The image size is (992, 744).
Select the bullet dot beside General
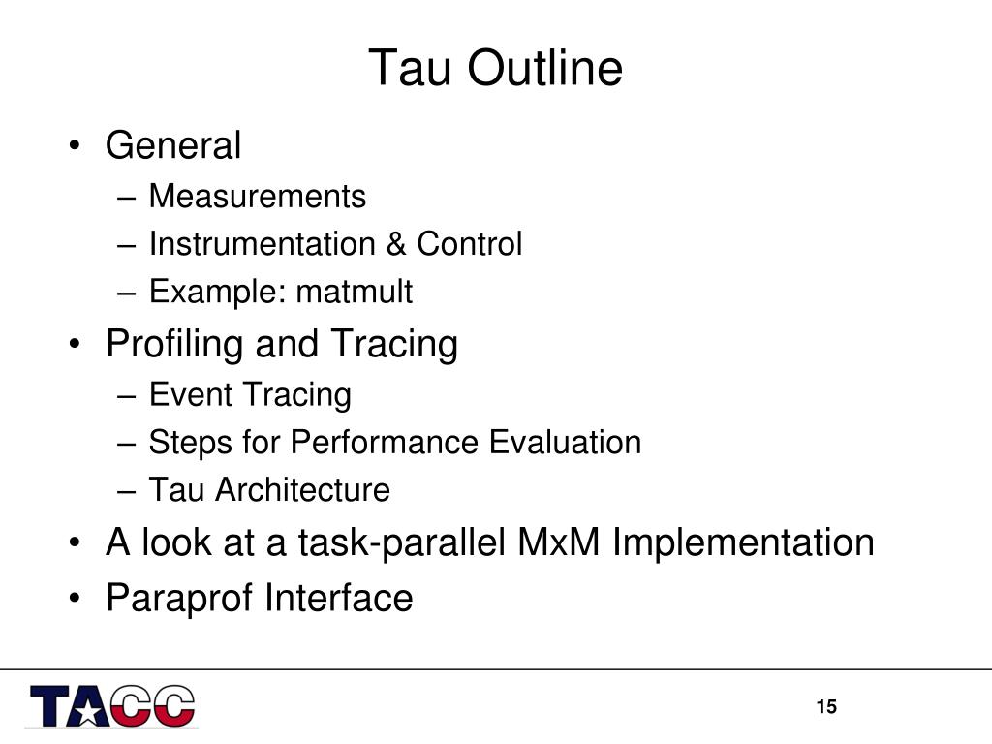[x=76, y=146]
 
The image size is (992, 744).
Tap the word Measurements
[x=258, y=196]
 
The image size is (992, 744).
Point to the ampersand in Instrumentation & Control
[x=396, y=243]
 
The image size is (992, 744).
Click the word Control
[x=470, y=243]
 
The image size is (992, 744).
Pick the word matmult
[x=355, y=292]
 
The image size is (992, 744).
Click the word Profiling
[x=174, y=344]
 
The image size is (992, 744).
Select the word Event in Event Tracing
[x=191, y=394]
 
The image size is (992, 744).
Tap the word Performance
[x=384, y=442]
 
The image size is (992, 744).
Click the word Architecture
[x=302, y=489]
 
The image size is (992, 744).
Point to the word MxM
[x=558, y=542]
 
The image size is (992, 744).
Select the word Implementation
[x=743, y=542]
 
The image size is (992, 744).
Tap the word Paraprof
[x=179, y=599]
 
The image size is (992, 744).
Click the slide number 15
[x=826, y=706]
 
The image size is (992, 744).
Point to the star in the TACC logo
[x=88, y=712]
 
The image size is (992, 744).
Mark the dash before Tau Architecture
[x=127, y=491]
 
